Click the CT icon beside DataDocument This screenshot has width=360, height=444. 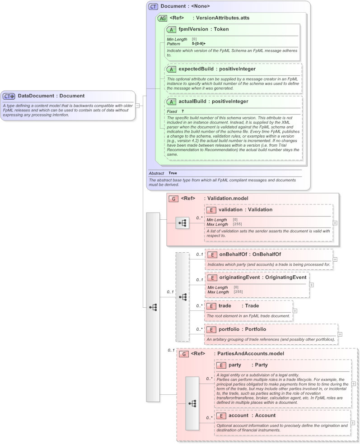[x=9, y=96]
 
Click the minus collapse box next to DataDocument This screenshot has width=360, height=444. [x=137, y=105]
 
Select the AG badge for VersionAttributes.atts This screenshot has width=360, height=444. [x=162, y=18]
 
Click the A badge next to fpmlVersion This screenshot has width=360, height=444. [x=171, y=29]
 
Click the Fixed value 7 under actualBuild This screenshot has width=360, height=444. [x=182, y=111]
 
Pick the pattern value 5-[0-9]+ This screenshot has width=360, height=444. [x=199, y=44]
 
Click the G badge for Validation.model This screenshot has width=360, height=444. [x=173, y=199]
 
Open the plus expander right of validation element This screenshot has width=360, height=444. [x=335, y=222]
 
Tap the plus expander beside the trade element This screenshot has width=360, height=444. [x=295, y=310]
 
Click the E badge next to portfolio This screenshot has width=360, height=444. [x=211, y=329]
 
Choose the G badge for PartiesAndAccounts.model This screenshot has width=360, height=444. [x=183, y=354]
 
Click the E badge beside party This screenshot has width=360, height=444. [x=221, y=365]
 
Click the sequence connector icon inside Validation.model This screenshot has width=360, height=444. [x=182, y=223]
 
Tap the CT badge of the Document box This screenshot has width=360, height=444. [x=154, y=7]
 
